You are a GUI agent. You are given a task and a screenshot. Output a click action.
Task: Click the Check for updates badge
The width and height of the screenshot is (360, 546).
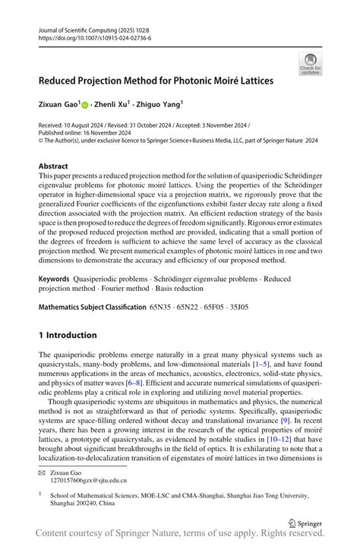310,63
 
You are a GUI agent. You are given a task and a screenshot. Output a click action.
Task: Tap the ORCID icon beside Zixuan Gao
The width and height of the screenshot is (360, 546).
85,105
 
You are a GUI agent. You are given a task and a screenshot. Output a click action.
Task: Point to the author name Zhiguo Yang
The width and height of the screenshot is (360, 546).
162,105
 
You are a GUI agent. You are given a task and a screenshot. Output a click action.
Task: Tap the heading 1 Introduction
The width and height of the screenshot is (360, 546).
68,335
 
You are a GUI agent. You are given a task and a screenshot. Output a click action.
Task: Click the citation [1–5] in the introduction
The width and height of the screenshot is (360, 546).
260,365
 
